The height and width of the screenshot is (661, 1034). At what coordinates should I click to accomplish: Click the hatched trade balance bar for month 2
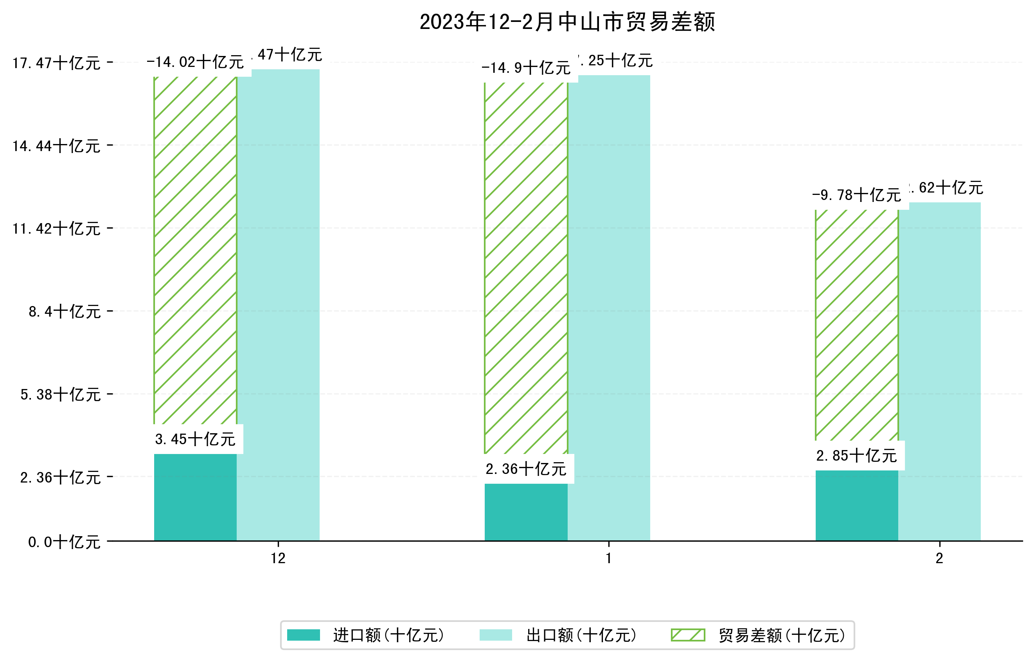coord(857,326)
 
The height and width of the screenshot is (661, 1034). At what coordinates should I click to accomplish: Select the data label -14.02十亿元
coord(195,62)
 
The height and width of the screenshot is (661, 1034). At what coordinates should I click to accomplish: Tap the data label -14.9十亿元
coord(526,68)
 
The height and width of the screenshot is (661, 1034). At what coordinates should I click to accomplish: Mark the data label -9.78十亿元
coord(857,195)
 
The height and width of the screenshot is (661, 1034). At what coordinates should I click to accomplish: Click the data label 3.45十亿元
coord(195,439)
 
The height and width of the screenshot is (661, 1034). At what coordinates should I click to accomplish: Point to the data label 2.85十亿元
coord(857,455)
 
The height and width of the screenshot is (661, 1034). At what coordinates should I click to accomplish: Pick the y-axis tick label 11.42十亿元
coord(56,229)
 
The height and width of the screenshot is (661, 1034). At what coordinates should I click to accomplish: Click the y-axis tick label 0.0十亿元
coord(65,542)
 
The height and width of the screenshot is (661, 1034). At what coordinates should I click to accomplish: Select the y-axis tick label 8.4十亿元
coord(65,312)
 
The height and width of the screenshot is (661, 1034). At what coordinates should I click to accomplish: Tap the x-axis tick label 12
coord(278,558)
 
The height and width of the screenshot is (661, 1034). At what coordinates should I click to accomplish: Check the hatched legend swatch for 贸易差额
coord(688,635)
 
